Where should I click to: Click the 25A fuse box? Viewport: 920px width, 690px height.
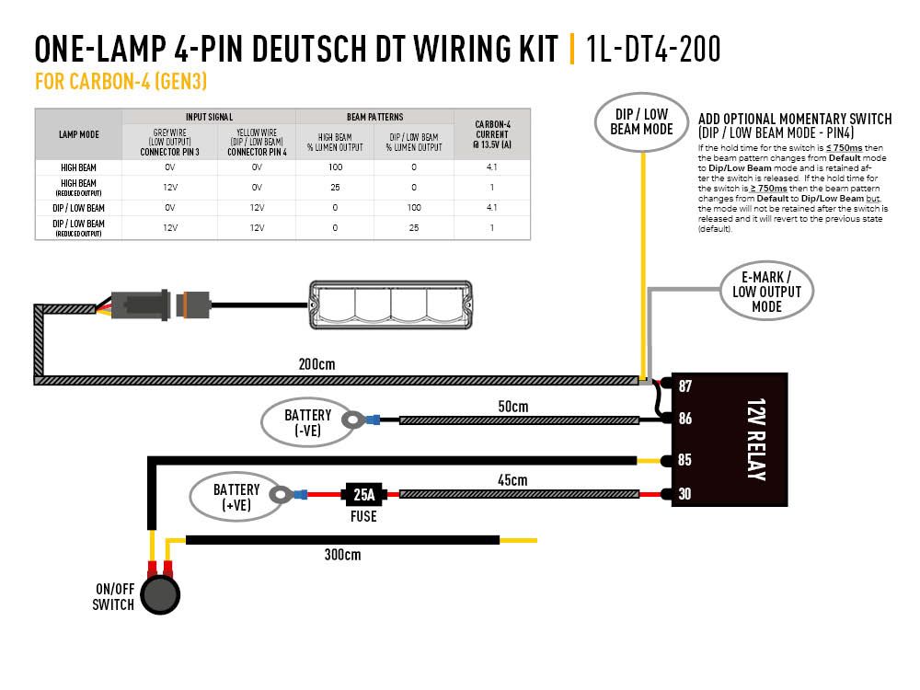[364, 495]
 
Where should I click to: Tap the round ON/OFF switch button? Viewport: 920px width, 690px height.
[160, 594]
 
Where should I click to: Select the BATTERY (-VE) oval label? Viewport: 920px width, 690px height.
[307, 421]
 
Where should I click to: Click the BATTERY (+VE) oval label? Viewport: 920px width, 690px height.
[236, 497]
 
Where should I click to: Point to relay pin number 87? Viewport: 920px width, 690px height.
[684, 385]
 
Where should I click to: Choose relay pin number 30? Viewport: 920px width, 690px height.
[684, 493]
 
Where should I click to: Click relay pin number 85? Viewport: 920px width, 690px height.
[684, 460]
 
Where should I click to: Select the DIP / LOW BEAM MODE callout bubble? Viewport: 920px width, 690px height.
[642, 121]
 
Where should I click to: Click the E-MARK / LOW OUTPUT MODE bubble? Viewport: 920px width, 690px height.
[766, 292]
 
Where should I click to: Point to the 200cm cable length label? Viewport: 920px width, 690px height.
[316, 364]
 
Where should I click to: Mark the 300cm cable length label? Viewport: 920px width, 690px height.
[342, 555]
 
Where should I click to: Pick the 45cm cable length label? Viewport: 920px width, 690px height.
[512, 480]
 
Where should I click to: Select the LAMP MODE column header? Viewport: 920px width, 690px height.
[78, 134]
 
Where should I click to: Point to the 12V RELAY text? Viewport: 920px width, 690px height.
[755, 440]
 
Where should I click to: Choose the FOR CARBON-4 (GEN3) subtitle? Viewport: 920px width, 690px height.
[120, 82]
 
